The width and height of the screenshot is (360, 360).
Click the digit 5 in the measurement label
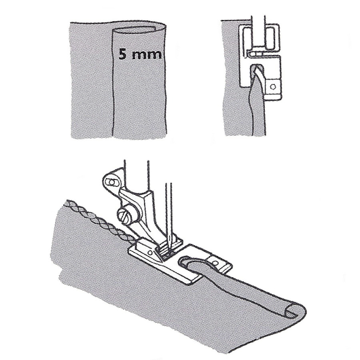(x=123, y=55)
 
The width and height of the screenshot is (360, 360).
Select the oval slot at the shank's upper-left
(x=111, y=182)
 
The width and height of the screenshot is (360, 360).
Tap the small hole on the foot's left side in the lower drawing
(x=150, y=252)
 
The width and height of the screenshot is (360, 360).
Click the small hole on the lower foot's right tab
(x=215, y=262)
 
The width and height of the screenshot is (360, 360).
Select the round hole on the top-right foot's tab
(x=273, y=87)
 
